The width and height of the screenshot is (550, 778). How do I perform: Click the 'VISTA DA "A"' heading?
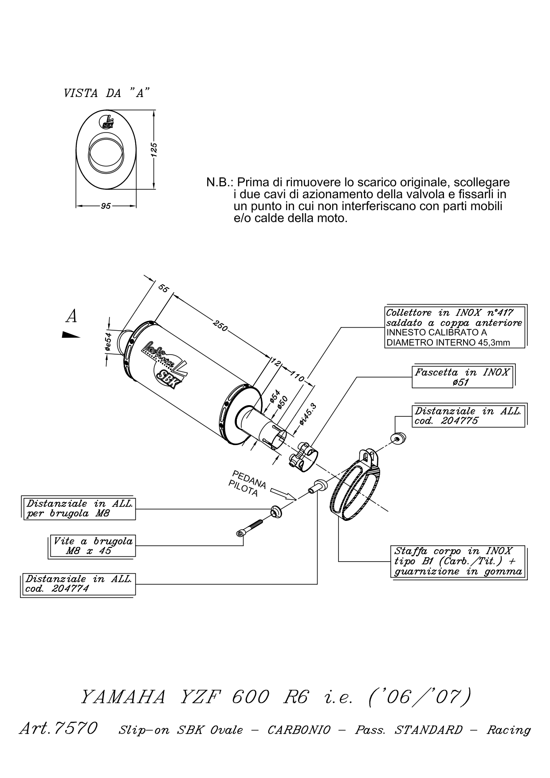(x=106, y=93)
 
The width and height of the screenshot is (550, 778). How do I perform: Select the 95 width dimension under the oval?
(x=106, y=206)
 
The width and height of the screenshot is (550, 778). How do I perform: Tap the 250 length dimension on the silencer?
(x=220, y=326)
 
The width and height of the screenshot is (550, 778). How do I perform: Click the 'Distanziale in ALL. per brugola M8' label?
(x=79, y=508)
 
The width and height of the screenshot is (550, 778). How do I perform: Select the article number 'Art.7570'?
(x=58, y=729)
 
